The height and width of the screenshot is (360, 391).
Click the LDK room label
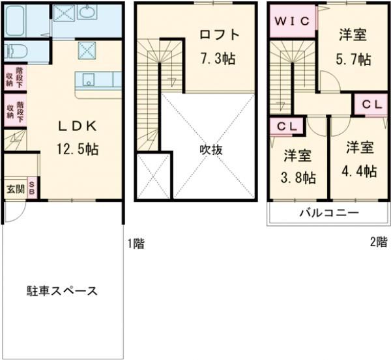[78, 127]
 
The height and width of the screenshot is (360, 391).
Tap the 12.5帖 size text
[78, 149]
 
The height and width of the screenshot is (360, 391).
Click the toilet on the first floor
[16, 52]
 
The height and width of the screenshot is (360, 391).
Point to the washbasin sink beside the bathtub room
[87, 12]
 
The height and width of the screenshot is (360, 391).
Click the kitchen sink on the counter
[88, 79]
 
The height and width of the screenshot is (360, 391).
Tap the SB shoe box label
[32, 188]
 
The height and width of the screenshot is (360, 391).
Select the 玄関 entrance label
[16, 189]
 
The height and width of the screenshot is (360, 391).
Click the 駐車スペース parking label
[62, 291]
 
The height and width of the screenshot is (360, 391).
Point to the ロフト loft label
[220, 35]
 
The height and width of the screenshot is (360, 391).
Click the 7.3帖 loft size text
[218, 59]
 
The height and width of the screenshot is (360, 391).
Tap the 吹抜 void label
[211, 150]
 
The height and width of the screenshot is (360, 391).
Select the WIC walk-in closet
[292, 21]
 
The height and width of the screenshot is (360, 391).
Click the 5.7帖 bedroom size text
[354, 59]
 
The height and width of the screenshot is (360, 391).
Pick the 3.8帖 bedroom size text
[298, 178]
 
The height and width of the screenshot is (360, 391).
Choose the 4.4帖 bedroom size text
[359, 171]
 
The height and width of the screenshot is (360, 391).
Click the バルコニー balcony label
[329, 213]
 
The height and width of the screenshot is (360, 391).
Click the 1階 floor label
[136, 243]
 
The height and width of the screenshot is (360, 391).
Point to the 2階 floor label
[379, 242]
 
